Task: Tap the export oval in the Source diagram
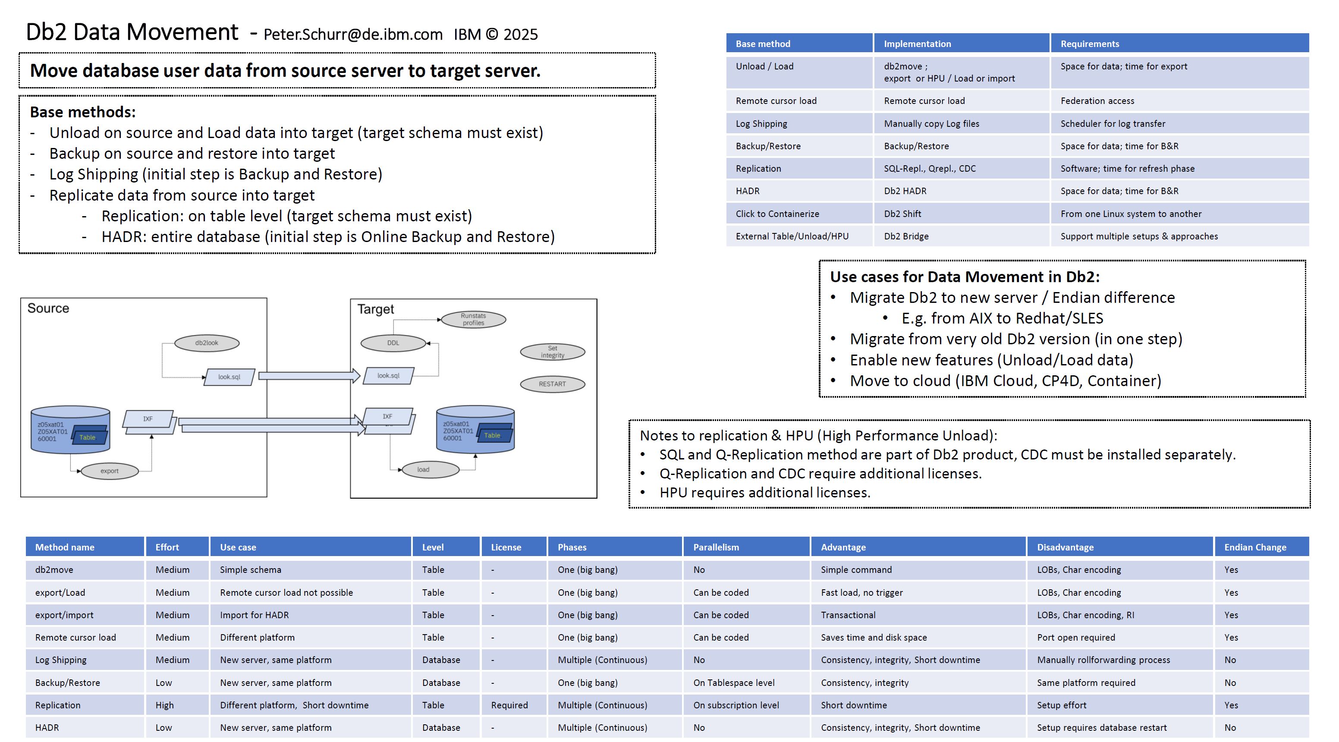click(109, 471)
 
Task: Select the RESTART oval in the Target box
click(552, 384)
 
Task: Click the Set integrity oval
click(552, 352)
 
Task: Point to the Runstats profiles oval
click(473, 319)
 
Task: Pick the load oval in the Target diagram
click(424, 469)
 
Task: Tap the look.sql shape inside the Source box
click(229, 377)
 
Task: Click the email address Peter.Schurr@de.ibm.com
click(353, 35)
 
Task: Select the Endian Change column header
click(1255, 547)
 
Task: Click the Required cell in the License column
click(509, 705)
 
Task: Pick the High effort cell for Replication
click(164, 705)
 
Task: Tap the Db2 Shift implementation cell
click(902, 214)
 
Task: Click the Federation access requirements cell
click(1097, 101)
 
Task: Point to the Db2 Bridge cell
click(906, 236)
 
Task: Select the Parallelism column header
click(716, 547)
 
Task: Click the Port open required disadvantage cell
click(1076, 638)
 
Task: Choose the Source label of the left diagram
click(48, 308)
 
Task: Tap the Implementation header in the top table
click(917, 44)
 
